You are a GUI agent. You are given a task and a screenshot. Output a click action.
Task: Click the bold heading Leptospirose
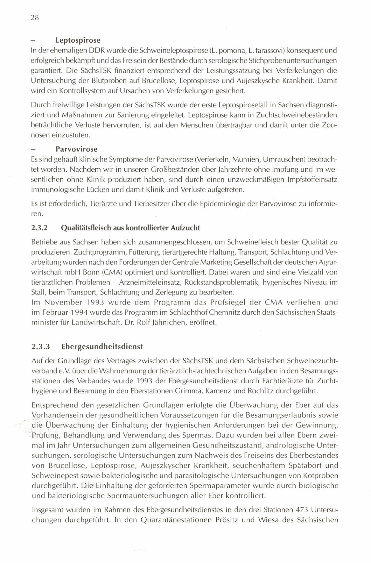click(x=76, y=41)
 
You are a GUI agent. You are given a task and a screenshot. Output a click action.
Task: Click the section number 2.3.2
click(x=39, y=228)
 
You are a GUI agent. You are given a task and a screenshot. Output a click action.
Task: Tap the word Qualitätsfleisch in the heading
click(x=83, y=228)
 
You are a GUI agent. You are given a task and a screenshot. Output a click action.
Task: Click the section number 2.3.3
click(x=41, y=347)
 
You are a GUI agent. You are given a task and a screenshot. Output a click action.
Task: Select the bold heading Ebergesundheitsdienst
click(x=102, y=347)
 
